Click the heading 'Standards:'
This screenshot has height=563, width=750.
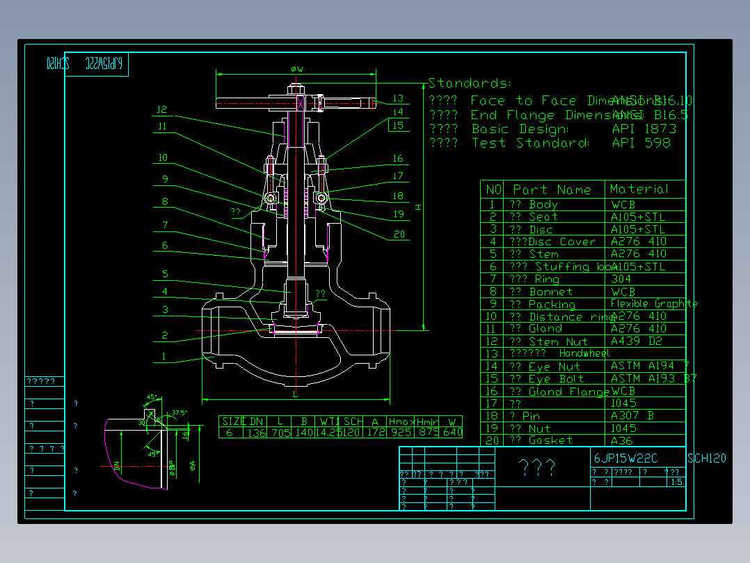click(470, 84)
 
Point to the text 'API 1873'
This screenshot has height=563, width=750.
click(644, 129)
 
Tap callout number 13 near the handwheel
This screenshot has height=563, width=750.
click(397, 99)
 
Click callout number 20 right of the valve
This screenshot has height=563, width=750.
click(399, 235)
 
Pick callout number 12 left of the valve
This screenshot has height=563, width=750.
click(162, 109)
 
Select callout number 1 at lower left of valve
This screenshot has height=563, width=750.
click(165, 357)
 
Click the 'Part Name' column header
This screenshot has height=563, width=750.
click(552, 190)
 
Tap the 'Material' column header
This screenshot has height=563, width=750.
click(639, 189)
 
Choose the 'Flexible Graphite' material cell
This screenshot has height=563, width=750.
click(653, 304)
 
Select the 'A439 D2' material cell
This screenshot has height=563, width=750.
click(636, 341)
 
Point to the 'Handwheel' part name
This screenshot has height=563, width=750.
click(584, 353)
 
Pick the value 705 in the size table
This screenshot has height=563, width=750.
click(280, 433)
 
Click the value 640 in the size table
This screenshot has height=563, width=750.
click(452, 433)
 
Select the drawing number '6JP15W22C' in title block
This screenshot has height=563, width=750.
click(625, 458)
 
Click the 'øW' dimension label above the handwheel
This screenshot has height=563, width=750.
click(296, 69)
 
